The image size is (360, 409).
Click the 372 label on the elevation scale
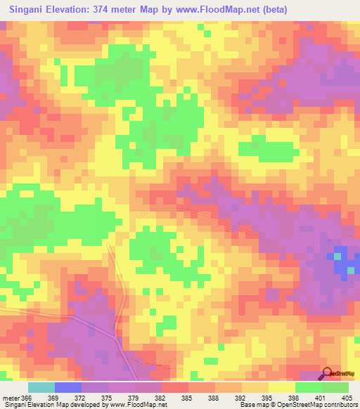click(81, 398)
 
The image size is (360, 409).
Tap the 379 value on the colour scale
click(134, 398)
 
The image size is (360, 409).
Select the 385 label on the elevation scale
click(186, 398)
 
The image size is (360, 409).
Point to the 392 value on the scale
click(239, 398)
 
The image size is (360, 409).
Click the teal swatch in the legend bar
click(41, 387)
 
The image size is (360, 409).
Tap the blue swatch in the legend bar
click(67, 387)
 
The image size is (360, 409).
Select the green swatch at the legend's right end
click(335, 387)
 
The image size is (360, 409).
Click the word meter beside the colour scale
click(11, 398)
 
